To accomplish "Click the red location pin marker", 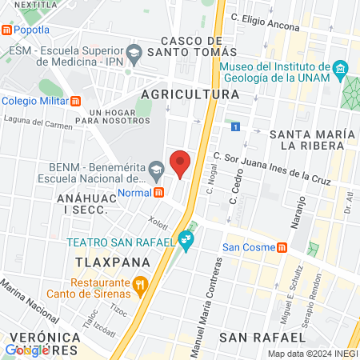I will coord(181,162).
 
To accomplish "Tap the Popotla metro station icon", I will coord(7,30).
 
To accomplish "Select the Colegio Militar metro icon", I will coord(76,101).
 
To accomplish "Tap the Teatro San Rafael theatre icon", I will coord(186,238).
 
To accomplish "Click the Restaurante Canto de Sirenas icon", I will coord(141,282).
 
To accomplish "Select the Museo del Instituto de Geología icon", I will coord(341,67).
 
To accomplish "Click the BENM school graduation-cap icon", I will coord(157,168).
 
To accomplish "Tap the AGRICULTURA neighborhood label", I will coord(190,94).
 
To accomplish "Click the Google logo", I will coord(26,349).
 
